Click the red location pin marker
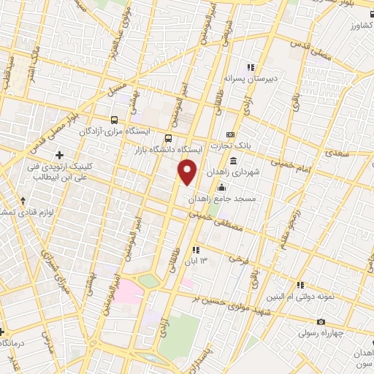188,172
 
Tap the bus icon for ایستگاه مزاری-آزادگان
114,120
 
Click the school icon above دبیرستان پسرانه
249,66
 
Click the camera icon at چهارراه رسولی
321,322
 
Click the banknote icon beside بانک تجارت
230,135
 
